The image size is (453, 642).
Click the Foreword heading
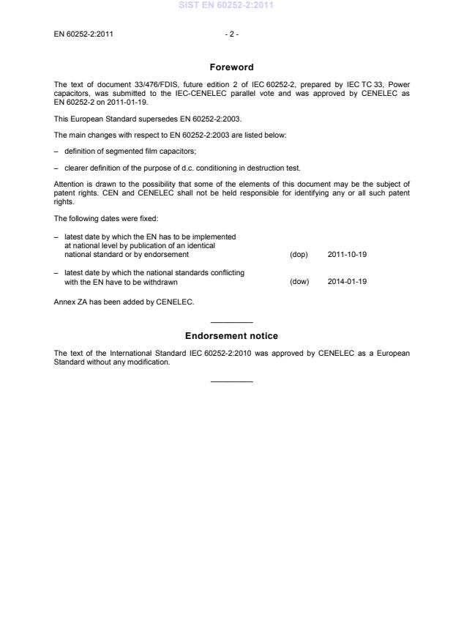click(x=231, y=67)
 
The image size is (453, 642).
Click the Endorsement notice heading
click(x=231, y=336)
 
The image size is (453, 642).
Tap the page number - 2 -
click(x=231, y=34)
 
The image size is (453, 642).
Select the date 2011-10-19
click(x=347, y=255)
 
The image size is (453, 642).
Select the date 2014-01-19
click(x=347, y=281)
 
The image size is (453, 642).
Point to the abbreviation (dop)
click(x=299, y=255)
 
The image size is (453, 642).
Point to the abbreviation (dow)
click(x=299, y=281)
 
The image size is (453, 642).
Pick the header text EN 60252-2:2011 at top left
click(x=83, y=34)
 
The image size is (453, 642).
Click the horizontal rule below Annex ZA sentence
click(x=231, y=322)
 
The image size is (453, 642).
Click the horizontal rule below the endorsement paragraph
click(x=231, y=381)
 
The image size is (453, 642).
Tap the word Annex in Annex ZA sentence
click(x=65, y=302)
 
